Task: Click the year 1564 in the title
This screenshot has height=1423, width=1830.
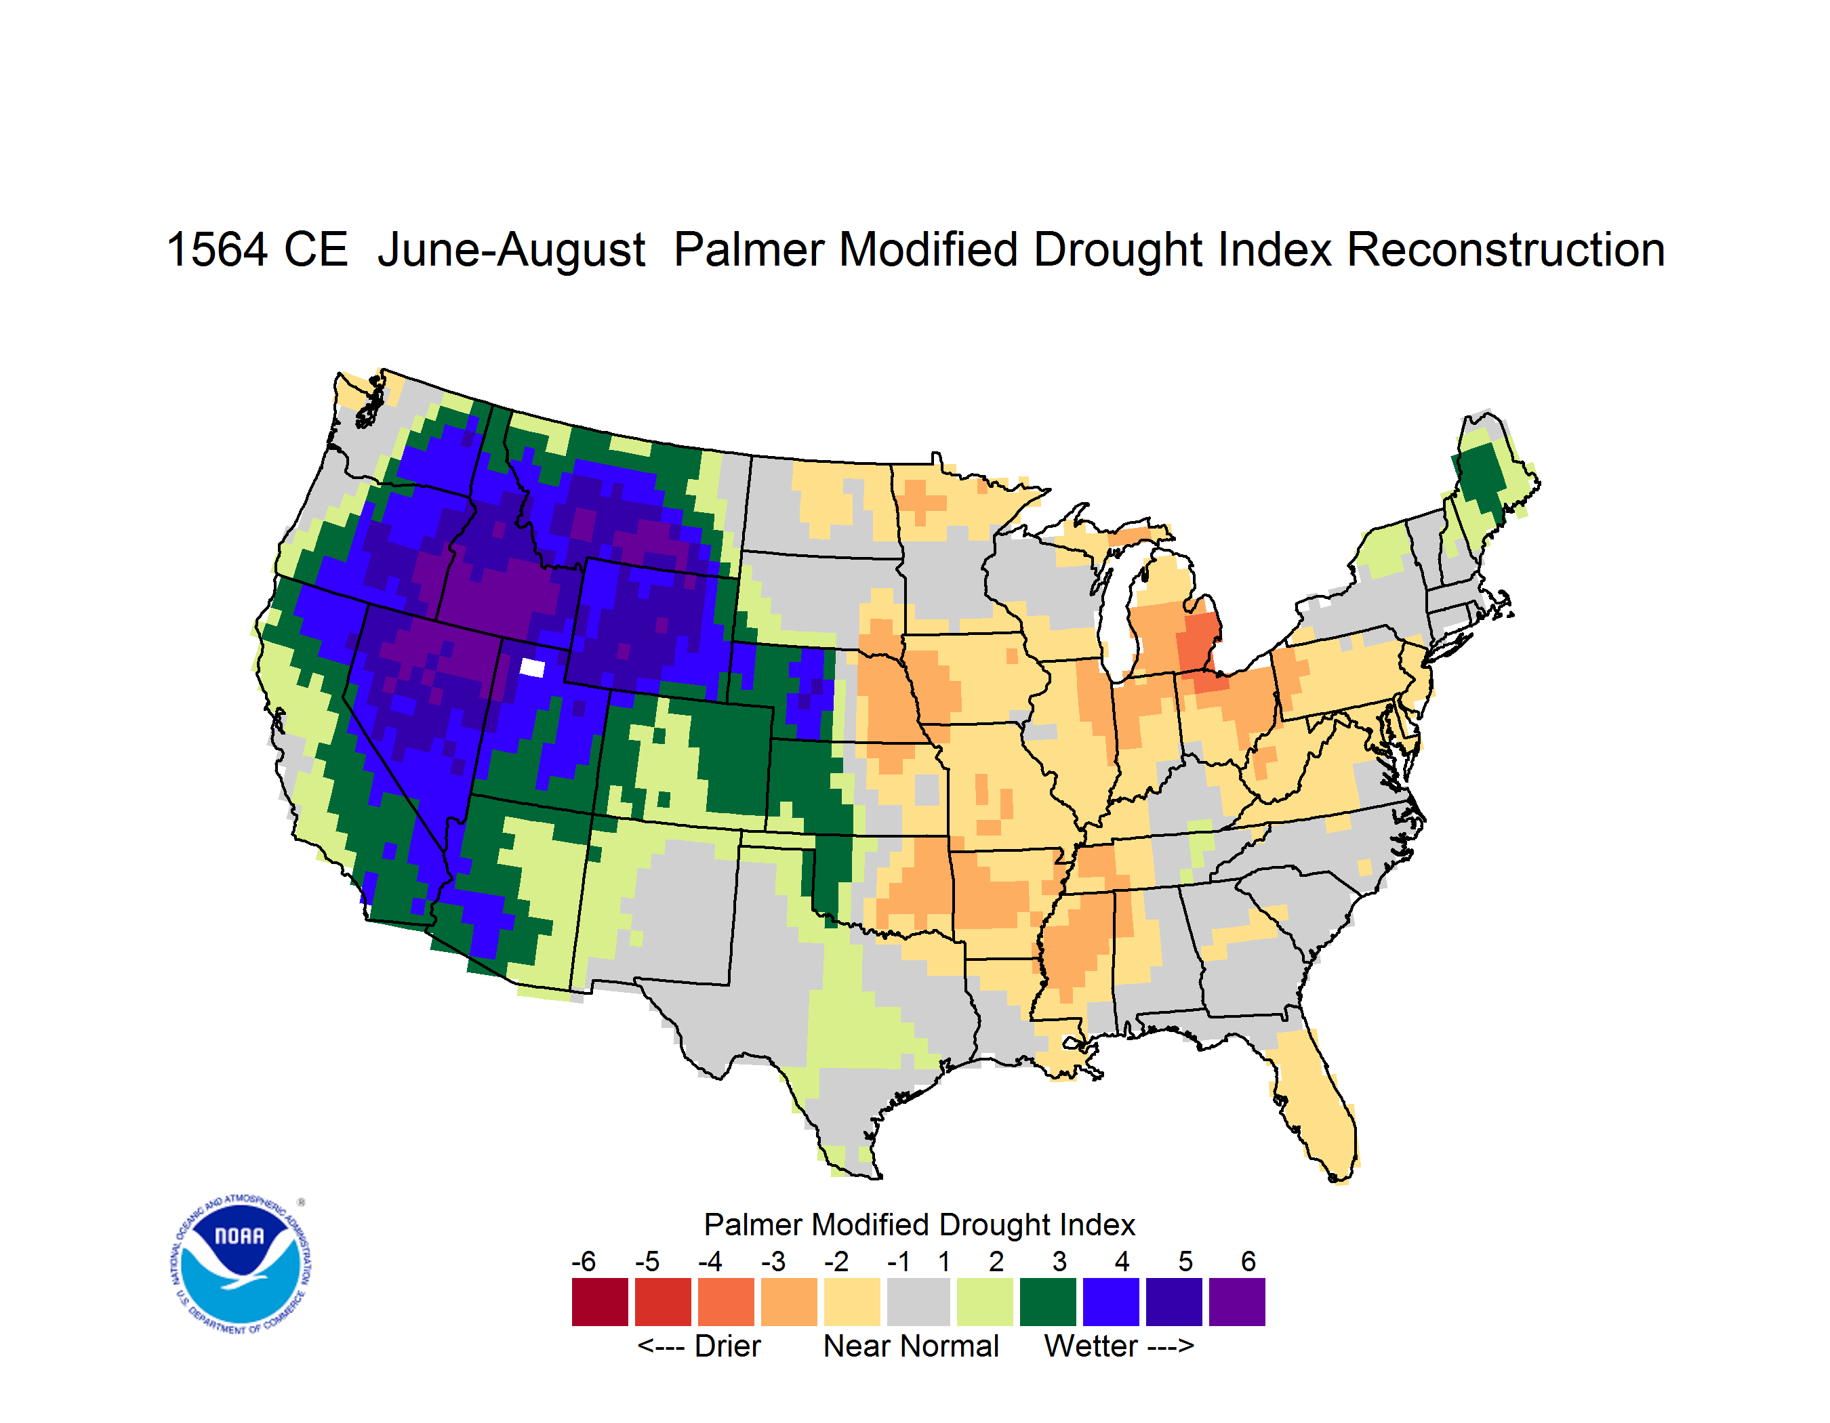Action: click(217, 249)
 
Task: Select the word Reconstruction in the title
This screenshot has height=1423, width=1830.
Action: click(1506, 249)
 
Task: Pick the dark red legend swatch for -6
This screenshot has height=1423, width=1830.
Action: click(600, 1302)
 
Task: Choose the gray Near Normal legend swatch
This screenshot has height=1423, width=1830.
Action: click(919, 1302)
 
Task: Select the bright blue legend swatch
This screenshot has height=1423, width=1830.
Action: click(1111, 1302)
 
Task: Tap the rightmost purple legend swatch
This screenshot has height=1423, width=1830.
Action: click(1237, 1302)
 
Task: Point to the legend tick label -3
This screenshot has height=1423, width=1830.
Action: click(773, 1261)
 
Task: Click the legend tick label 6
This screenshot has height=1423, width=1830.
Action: click(1248, 1261)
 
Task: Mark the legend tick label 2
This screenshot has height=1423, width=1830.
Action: click(996, 1261)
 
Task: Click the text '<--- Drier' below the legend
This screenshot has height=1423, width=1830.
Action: click(699, 1346)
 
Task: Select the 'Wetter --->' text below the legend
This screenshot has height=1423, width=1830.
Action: click(1118, 1346)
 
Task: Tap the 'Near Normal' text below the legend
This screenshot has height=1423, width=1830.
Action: click(911, 1346)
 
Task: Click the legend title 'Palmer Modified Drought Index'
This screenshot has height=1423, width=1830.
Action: click(919, 1224)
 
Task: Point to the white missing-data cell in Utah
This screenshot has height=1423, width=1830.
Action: click(533, 667)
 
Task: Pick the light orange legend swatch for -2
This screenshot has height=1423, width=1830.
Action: click(852, 1302)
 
